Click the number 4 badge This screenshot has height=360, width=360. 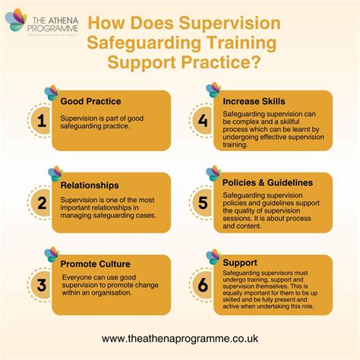(x=202, y=119)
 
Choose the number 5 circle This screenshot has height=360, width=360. (x=202, y=201)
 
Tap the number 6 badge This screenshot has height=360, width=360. (x=202, y=283)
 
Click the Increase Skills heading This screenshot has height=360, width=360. (x=254, y=99)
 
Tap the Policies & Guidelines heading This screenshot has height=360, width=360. (x=267, y=182)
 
